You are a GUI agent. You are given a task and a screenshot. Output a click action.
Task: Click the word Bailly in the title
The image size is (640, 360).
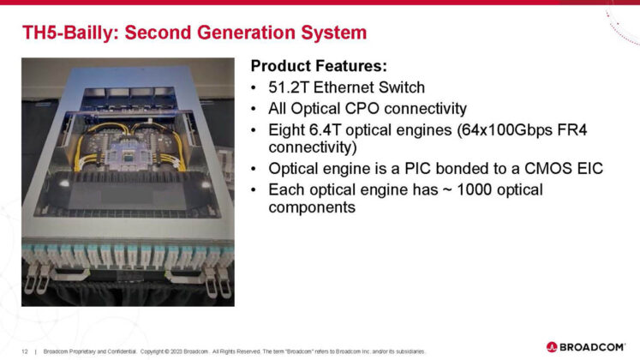tap(95, 34)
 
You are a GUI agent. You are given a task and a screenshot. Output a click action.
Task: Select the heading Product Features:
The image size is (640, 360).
tap(319, 66)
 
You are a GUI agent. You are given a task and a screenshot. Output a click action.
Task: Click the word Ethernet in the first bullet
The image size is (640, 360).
tap(348, 88)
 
